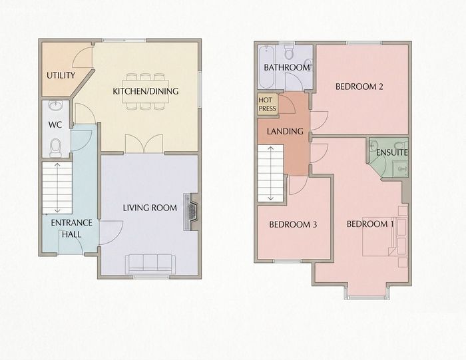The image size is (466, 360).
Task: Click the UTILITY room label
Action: (x=61, y=75)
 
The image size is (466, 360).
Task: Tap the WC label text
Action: (x=55, y=124)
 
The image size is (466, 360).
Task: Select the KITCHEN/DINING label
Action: (x=146, y=91)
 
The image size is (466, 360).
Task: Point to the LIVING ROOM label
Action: (x=150, y=208)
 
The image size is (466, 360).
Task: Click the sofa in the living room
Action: (x=150, y=264)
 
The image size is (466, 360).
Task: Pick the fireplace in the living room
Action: (x=192, y=212)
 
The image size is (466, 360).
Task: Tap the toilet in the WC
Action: (x=55, y=148)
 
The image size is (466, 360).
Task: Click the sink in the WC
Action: (x=55, y=106)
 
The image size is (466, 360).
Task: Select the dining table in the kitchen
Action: (x=145, y=91)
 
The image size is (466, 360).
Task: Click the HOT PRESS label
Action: (x=267, y=104)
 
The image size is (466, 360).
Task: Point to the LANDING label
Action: (x=285, y=131)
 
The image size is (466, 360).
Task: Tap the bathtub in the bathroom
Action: (x=266, y=67)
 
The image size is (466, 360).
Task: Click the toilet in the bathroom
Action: (x=288, y=53)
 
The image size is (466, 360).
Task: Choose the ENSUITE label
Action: (x=392, y=152)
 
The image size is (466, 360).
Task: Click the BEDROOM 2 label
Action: (x=359, y=87)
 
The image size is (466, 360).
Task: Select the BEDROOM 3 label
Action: (x=293, y=224)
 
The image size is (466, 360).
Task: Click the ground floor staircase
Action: (x=57, y=188)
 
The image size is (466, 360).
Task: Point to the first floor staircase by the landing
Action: (x=270, y=174)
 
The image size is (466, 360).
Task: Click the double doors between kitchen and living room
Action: (x=144, y=144)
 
